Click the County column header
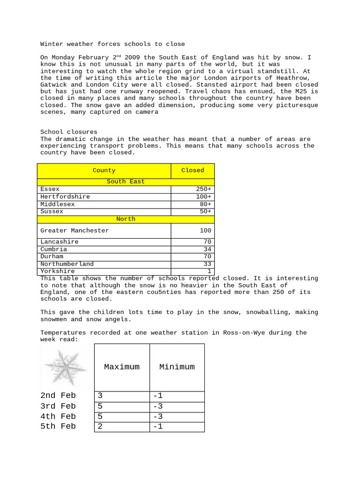(104, 171)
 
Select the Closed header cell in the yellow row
(193, 171)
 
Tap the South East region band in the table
(126, 182)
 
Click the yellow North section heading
(126, 219)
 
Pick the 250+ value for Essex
(203, 189)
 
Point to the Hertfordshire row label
(65, 197)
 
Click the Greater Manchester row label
(75, 231)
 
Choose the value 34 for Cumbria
(207, 249)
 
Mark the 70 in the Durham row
(207, 257)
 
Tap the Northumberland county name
(67, 264)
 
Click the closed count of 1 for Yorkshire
(209, 271)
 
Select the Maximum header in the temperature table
(122, 367)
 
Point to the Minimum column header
(177, 367)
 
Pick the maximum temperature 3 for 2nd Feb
(100, 396)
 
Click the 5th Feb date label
(58, 427)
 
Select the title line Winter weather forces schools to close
(112, 45)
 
